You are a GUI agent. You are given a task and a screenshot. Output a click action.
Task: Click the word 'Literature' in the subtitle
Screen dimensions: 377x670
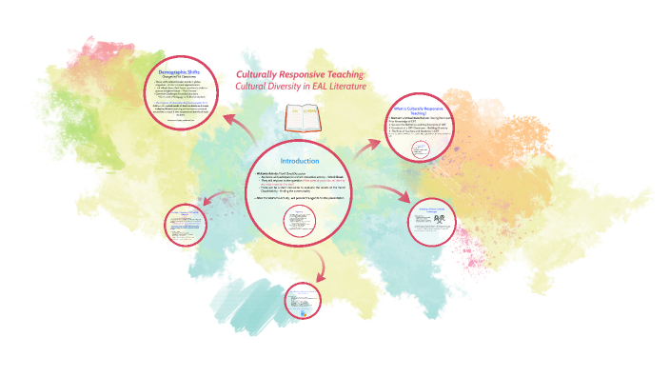coord(341,87)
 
